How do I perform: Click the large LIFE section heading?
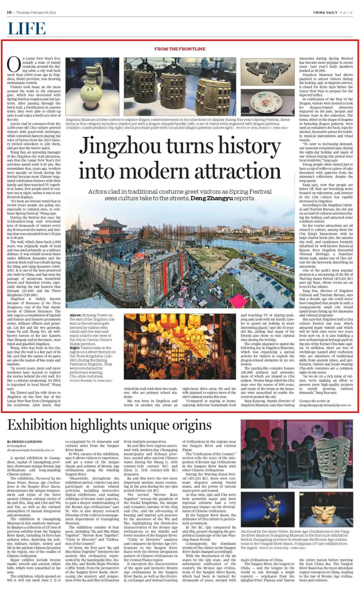point(27,28)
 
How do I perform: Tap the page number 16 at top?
point(9,12)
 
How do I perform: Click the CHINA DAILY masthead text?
point(325,13)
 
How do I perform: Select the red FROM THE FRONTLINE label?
point(180,49)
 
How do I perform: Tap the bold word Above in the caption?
point(75,315)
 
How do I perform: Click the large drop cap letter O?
point(14,65)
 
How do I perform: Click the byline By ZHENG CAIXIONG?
point(25,442)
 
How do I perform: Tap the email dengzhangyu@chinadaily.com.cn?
point(325,405)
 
